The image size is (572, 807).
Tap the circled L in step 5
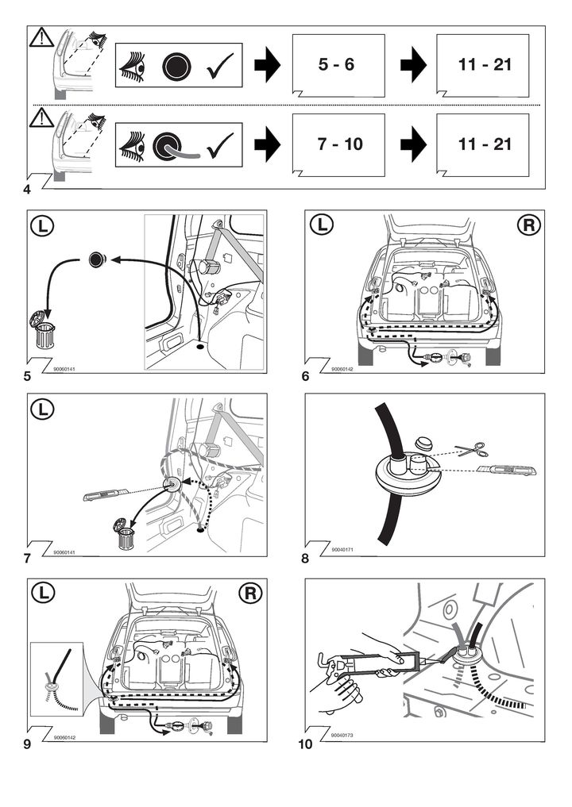[44, 225]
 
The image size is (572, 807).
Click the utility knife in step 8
[509, 471]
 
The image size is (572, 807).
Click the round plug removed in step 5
[97, 258]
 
